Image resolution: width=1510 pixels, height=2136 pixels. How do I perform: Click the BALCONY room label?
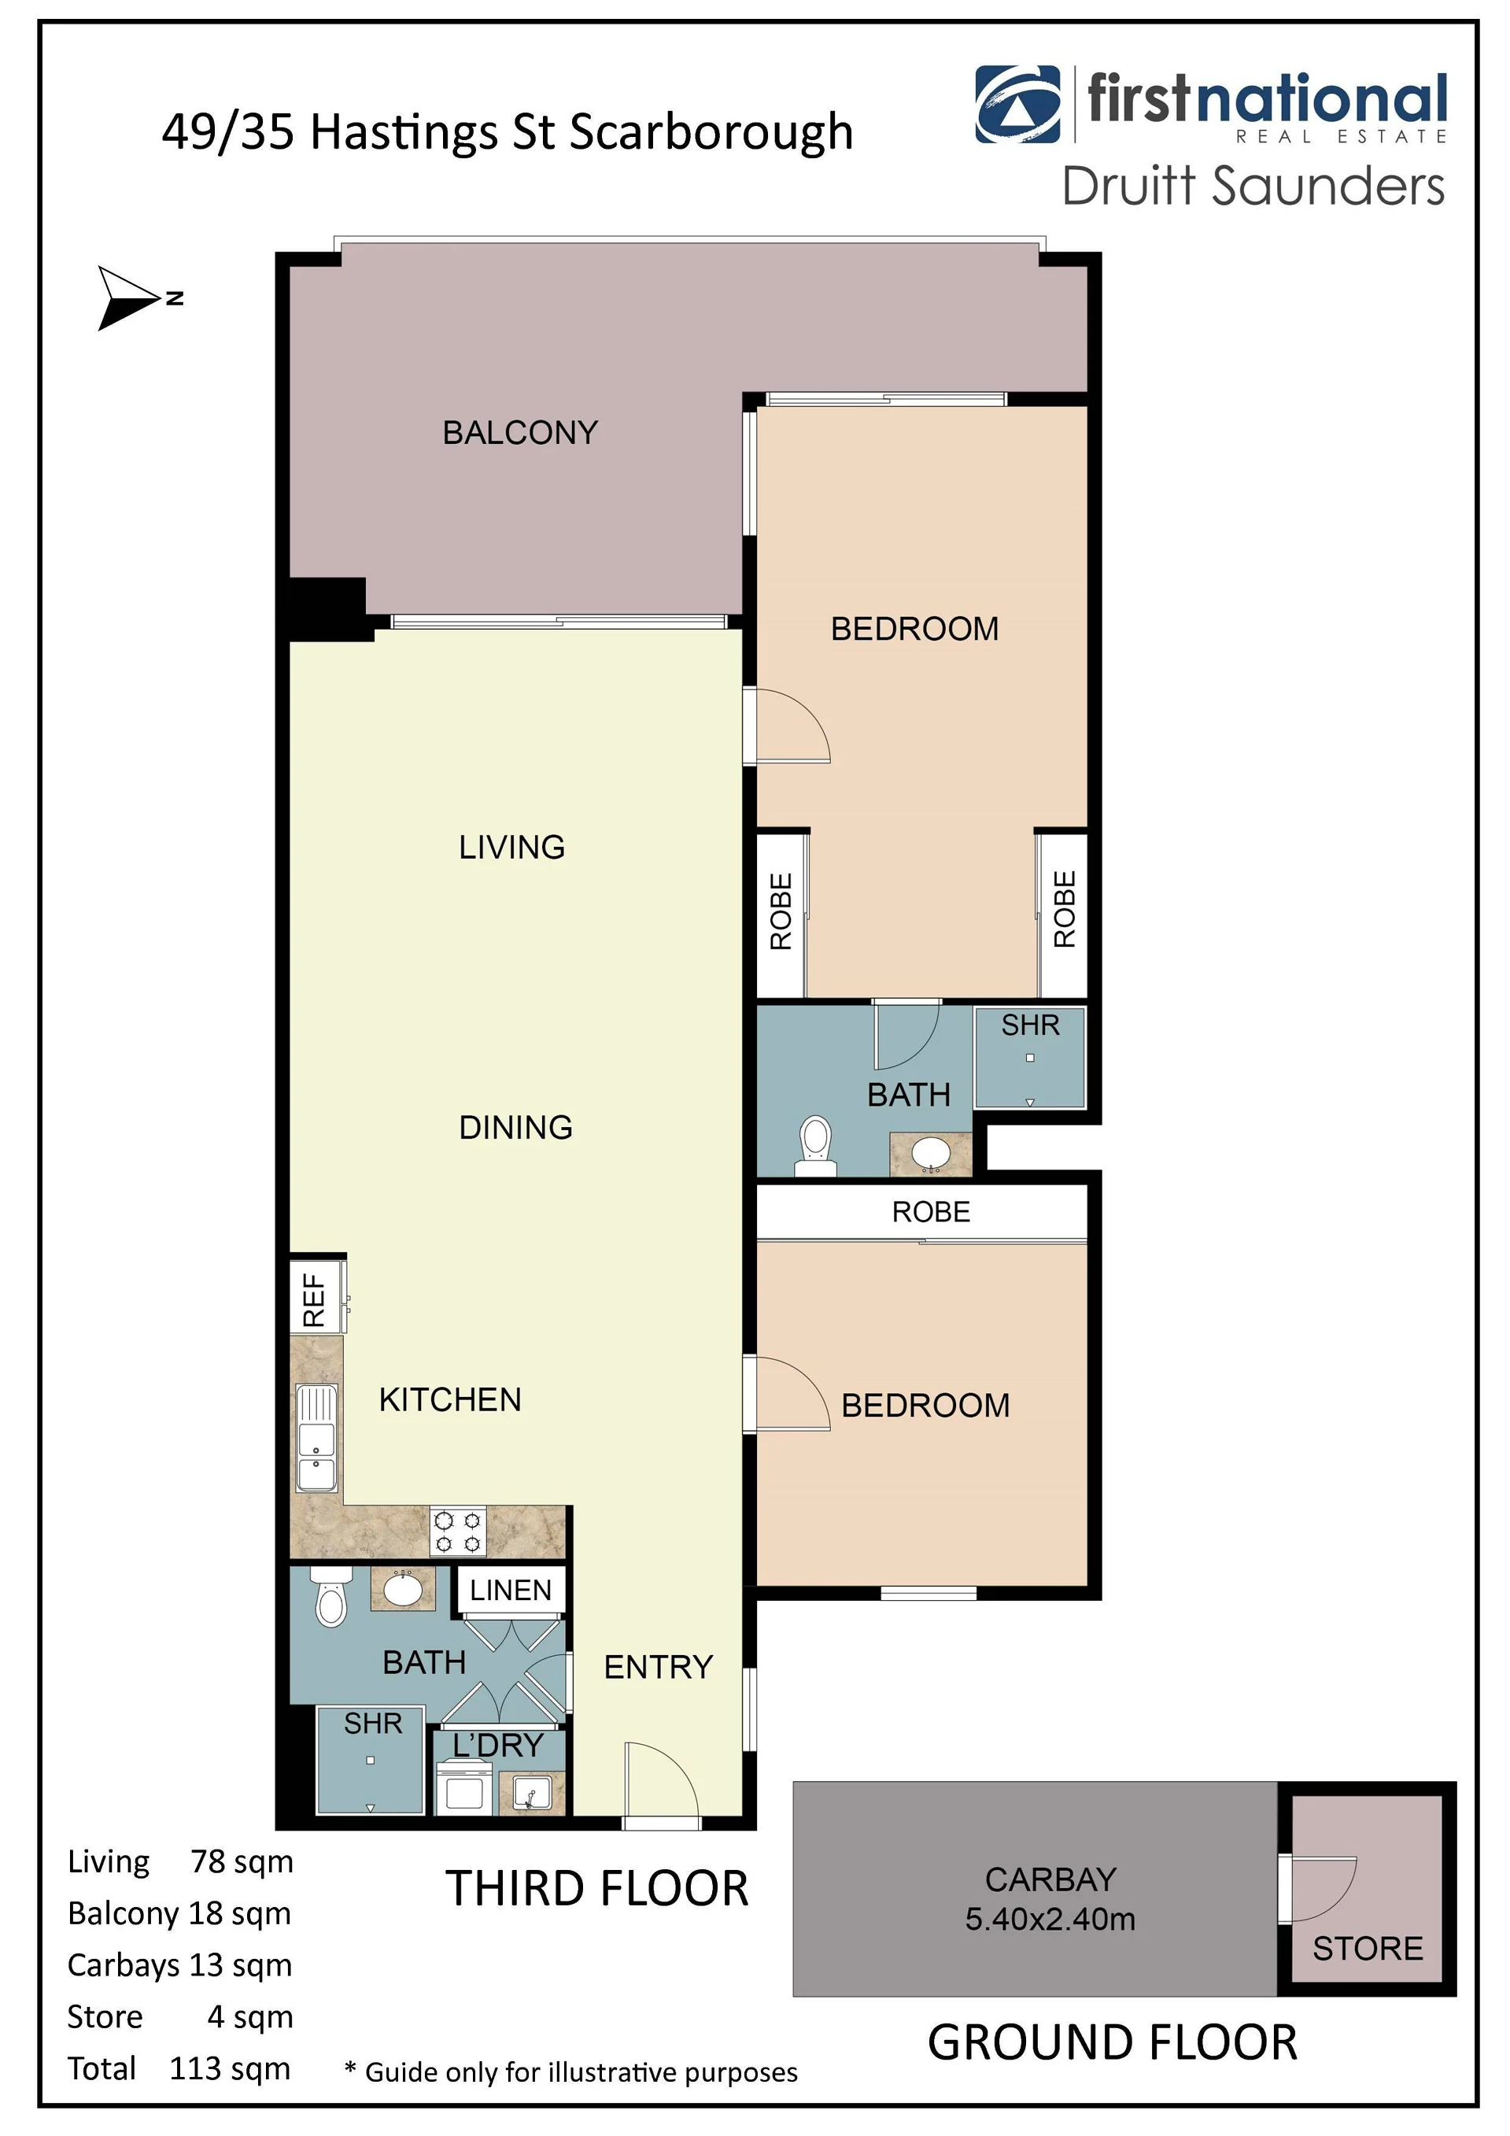point(520,433)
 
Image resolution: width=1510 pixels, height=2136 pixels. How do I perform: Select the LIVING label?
point(511,847)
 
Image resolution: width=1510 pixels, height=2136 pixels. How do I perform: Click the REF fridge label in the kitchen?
point(315,1299)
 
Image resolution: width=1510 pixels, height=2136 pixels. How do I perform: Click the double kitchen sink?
point(316,1438)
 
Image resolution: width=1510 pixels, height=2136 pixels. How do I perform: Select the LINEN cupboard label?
point(511,1590)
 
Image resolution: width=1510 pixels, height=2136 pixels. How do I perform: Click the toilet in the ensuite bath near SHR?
point(815,1146)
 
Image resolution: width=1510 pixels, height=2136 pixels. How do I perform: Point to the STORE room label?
point(1368,1947)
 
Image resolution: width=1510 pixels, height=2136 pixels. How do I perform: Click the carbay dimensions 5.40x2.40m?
point(1050,1918)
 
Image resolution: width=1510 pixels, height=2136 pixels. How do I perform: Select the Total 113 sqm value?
point(230,2068)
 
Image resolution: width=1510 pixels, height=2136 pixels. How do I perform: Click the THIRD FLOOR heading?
point(597,1889)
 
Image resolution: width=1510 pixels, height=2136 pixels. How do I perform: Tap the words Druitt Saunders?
point(1253,186)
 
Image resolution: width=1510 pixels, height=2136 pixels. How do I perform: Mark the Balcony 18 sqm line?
point(179,1912)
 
